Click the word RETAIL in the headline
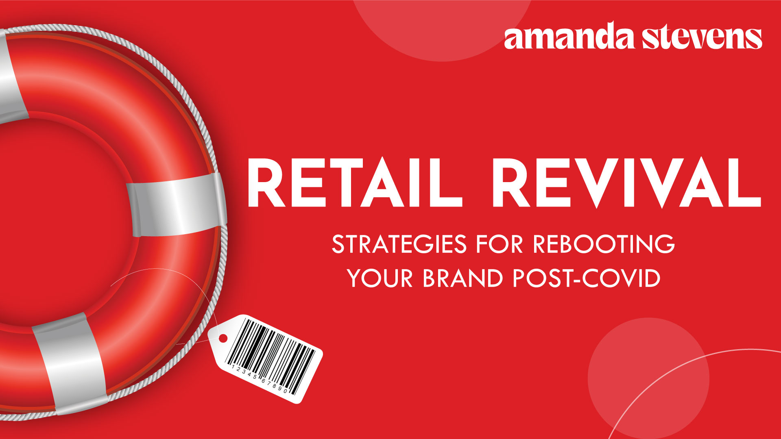[354, 183]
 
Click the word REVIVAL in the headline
[626, 183]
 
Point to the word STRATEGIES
[399, 244]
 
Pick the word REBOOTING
[604, 244]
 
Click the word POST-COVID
[587, 278]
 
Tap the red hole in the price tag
[223, 338]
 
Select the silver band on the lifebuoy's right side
[176, 204]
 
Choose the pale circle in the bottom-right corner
[648, 378]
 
